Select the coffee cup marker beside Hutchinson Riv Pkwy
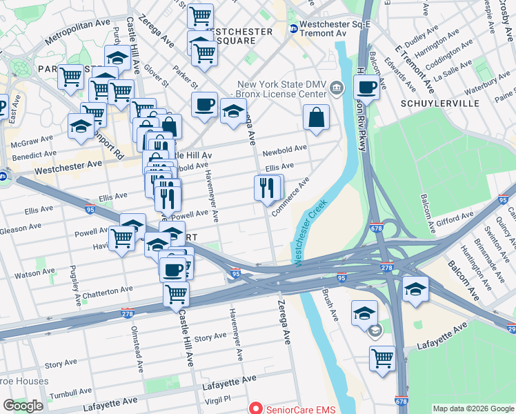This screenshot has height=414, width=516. (x=366, y=87)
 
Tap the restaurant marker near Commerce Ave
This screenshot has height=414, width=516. (x=267, y=187)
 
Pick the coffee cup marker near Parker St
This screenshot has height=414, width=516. (x=204, y=105)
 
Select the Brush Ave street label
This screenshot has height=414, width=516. (x=330, y=305)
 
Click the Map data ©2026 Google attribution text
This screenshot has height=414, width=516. (x=473, y=408)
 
